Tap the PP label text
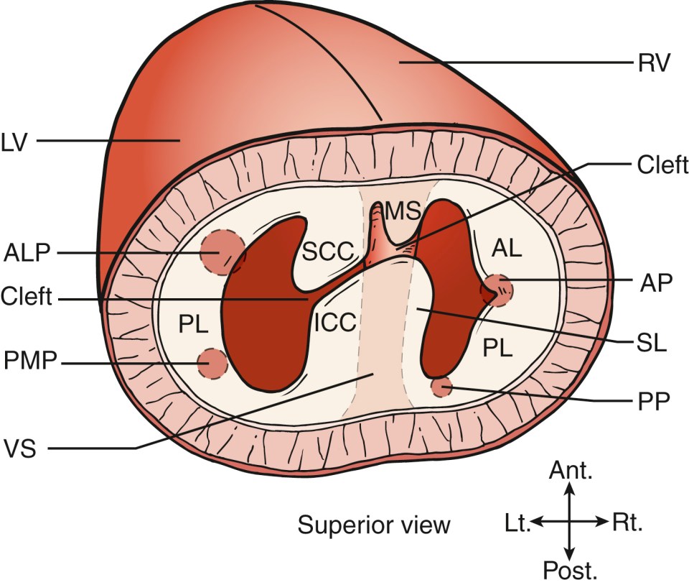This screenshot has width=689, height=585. click(x=652, y=400)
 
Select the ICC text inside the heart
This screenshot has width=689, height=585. click(x=334, y=323)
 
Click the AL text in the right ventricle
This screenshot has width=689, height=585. click(x=507, y=247)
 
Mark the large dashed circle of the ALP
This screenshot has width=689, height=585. click(x=221, y=253)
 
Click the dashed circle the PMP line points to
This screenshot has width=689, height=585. click(x=213, y=364)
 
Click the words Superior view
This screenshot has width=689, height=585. click(x=374, y=525)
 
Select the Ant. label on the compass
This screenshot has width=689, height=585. click(x=571, y=471)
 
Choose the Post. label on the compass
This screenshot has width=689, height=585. click(x=571, y=571)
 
